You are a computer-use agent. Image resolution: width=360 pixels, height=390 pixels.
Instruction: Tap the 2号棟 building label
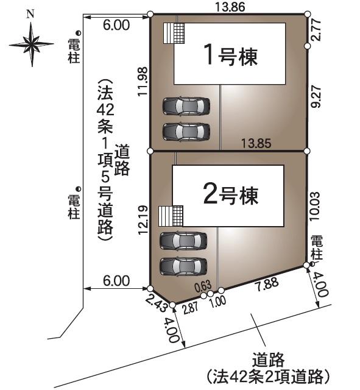click(230, 195)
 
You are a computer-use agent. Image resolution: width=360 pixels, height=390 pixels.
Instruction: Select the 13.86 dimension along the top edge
click(230, 7)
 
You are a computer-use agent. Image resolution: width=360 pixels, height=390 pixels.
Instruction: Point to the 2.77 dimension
click(316, 30)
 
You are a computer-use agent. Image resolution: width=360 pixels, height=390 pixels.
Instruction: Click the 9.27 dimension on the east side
click(316, 97)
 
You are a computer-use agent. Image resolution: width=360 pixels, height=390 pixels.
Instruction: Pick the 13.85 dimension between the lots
click(256, 144)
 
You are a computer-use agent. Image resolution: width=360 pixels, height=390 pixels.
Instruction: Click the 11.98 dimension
click(143, 82)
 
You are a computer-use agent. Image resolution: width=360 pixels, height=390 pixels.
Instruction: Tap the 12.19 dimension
click(143, 220)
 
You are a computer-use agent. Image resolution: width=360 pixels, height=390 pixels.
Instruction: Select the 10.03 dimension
click(314, 206)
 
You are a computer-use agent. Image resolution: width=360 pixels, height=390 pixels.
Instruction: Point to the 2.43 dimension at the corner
click(156, 303)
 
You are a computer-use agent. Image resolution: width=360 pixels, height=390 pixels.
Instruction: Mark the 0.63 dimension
click(203, 286)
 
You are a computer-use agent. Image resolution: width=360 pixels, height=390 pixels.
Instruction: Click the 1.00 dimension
click(218, 302)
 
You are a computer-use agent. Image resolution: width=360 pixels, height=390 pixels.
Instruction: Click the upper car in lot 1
click(186, 106)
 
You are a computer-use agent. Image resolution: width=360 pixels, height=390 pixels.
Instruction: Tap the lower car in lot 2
click(183, 266)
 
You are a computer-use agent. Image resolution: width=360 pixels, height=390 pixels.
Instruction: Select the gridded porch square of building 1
click(179, 34)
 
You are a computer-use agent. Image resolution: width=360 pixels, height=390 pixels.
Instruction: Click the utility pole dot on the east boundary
click(312, 264)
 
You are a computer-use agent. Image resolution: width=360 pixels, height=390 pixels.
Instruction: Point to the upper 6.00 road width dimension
click(116, 25)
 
